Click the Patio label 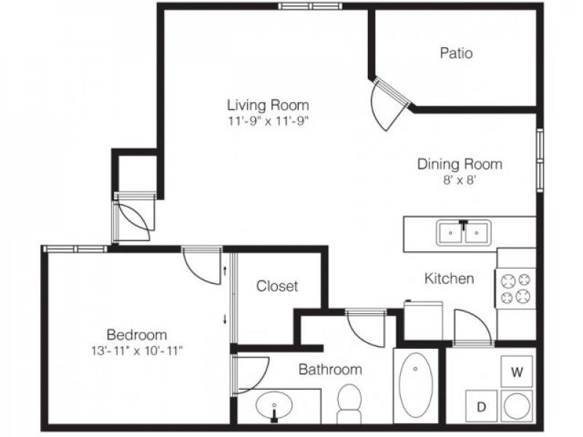[x=456, y=52]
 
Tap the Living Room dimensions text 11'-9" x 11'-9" [x=268, y=121]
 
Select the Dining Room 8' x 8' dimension [x=460, y=180]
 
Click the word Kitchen [x=449, y=278]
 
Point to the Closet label [x=277, y=286]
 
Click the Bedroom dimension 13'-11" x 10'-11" [x=137, y=350]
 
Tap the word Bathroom [x=330, y=369]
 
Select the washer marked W [x=517, y=371]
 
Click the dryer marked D [x=482, y=406]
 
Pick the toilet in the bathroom [x=350, y=403]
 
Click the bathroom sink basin [x=274, y=405]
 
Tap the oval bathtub [x=415, y=385]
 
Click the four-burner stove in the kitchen [x=515, y=288]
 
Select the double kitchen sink [x=463, y=232]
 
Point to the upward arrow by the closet [x=224, y=271]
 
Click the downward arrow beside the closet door [x=224, y=319]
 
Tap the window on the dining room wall [x=540, y=160]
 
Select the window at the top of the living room [x=310, y=6]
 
